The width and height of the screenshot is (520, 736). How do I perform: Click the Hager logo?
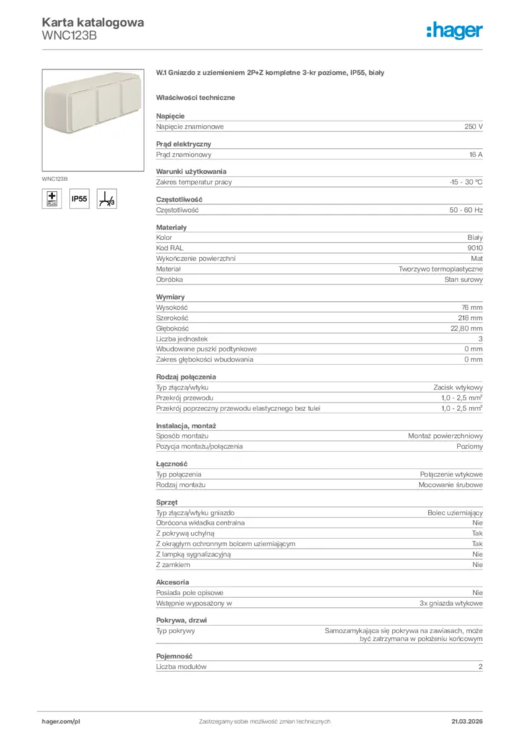pyautogui.click(x=455, y=29)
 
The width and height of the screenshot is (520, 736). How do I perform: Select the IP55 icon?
pyautogui.click(x=79, y=199)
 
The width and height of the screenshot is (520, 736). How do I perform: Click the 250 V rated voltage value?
pyautogui.click(x=473, y=126)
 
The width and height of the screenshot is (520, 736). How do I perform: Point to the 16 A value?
pyautogui.click(x=475, y=155)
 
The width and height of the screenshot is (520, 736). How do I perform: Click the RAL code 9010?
pyautogui.click(x=475, y=248)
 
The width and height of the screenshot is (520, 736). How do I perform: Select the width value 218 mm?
pyautogui.click(x=471, y=318)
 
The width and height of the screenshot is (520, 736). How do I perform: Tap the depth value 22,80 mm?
pyautogui.click(x=467, y=328)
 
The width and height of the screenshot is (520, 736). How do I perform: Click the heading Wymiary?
pyautogui.click(x=170, y=297)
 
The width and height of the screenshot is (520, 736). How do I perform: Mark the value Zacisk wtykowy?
pyautogui.click(x=458, y=387)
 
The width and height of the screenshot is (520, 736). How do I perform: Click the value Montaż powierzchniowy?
pyautogui.click(x=445, y=436)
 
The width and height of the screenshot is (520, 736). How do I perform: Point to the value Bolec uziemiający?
pyautogui.click(x=455, y=512)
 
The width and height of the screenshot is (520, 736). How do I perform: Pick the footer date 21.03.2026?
pyautogui.click(x=467, y=721)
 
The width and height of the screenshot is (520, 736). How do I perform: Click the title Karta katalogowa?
pyautogui.click(x=93, y=22)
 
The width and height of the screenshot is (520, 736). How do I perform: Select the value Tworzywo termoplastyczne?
pyautogui.click(x=441, y=269)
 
